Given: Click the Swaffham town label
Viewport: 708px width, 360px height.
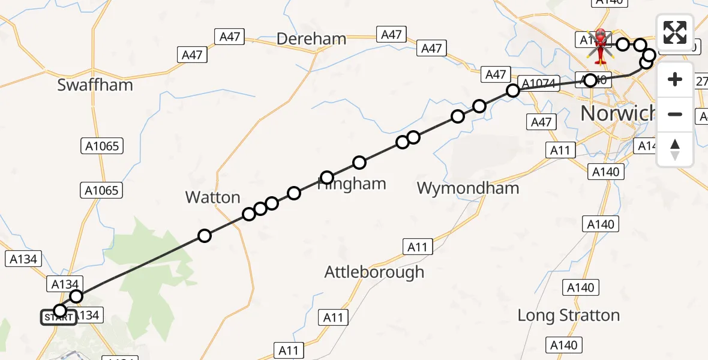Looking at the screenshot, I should click(95, 85).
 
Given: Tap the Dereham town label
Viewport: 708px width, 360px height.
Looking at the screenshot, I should click(311, 40).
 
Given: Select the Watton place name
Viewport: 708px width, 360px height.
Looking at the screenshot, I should click(212, 197).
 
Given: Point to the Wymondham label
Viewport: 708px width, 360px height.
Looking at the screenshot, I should click(467, 188).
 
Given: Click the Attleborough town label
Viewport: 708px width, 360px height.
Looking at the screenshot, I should click(374, 272).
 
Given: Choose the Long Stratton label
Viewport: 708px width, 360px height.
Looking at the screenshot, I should click(568, 316).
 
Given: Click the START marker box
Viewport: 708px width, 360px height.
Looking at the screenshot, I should click(58, 317).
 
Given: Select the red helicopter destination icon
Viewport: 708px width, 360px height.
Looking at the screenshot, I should click(599, 45).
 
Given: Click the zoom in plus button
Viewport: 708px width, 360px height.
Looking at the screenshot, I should click(675, 80).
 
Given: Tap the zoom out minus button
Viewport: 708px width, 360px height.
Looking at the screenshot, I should click(675, 114).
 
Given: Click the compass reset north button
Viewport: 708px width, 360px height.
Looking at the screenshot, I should click(675, 149).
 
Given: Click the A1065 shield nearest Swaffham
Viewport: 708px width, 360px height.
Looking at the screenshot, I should click(101, 146).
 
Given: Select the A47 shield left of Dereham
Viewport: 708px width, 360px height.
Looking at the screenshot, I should click(230, 37).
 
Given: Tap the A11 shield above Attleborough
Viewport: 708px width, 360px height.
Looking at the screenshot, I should click(417, 247).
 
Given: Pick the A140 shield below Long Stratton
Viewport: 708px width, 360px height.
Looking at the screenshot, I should click(564, 345).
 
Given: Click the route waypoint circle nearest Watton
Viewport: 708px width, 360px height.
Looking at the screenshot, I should click(205, 236).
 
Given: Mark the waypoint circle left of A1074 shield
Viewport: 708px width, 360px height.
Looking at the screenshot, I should click(513, 91).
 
